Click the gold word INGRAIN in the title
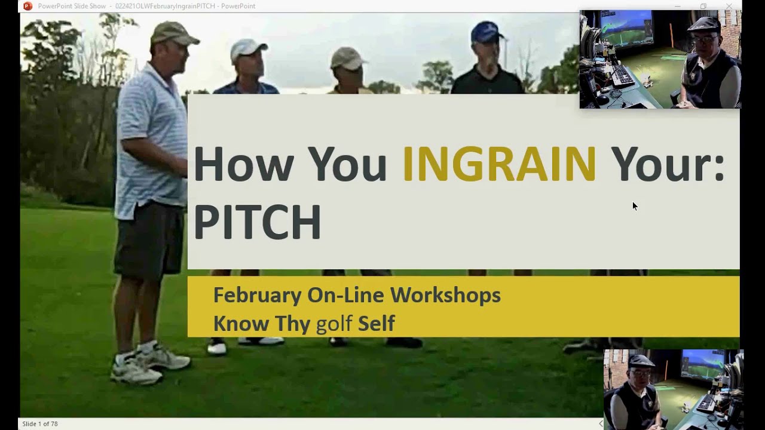(x=500, y=164)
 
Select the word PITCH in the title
(x=258, y=222)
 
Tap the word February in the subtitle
(x=257, y=296)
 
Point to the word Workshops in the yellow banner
(x=445, y=295)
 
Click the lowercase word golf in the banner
(x=334, y=323)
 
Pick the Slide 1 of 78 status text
(x=40, y=424)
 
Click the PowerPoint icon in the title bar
(x=27, y=6)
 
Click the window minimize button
(x=678, y=6)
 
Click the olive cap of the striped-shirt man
(x=173, y=33)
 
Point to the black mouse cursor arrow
(x=635, y=206)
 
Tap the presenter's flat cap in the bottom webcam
(x=641, y=361)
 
